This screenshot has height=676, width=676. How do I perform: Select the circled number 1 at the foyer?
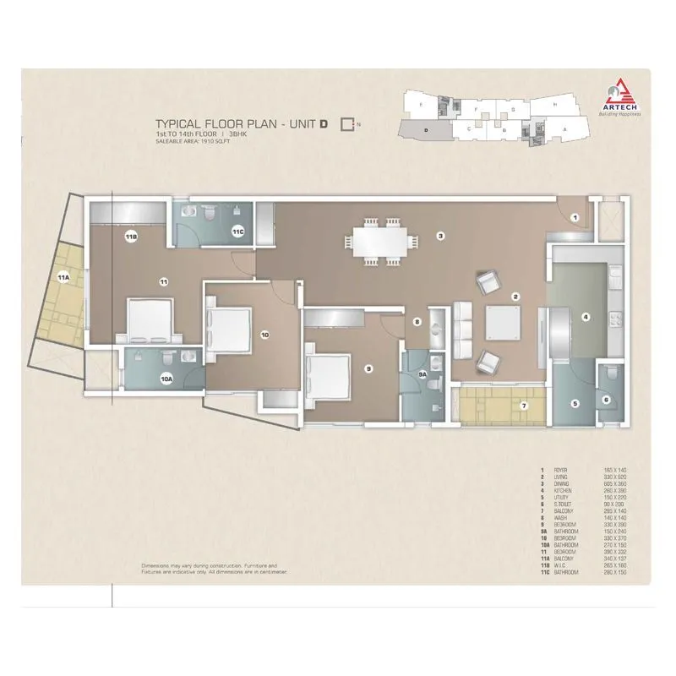coord(574,218)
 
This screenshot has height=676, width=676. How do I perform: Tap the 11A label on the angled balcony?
coord(63,276)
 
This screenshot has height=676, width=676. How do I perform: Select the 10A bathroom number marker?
coord(167,380)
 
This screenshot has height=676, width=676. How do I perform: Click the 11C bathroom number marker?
coord(238,231)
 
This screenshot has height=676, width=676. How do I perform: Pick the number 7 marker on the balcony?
coord(524,406)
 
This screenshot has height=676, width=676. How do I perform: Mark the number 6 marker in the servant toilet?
coord(606,400)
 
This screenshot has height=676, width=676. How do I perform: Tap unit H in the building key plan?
coord(554,103)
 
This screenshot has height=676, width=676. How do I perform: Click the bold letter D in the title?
coord(324,123)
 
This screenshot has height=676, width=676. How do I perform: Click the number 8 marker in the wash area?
coord(417,322)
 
